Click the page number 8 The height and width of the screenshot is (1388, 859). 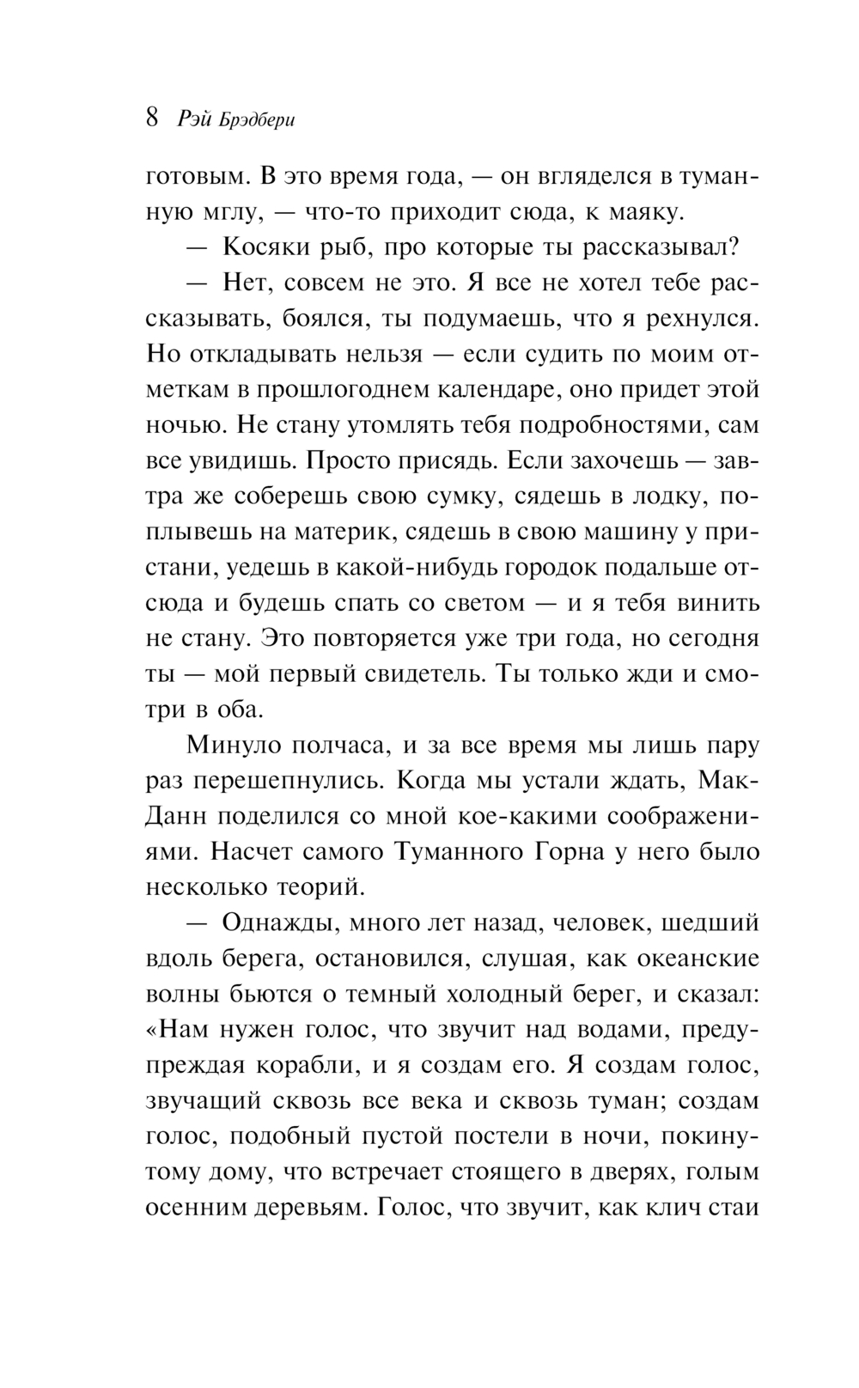point(152,117)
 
